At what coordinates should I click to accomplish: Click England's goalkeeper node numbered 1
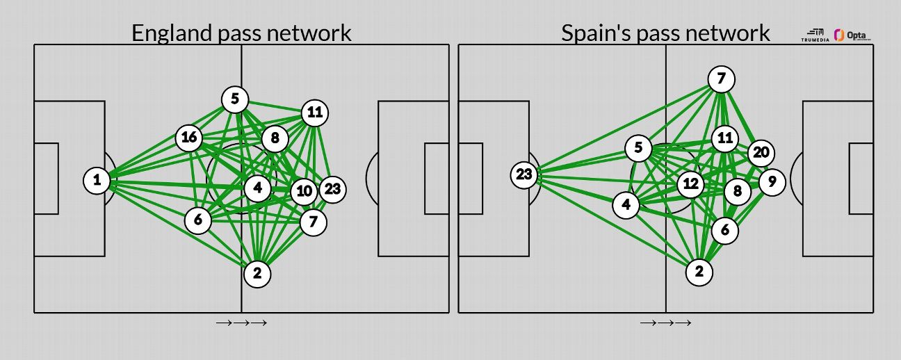point(97,181)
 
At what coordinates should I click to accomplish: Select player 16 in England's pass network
point(189,138)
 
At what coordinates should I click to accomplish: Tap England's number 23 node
point(332,189)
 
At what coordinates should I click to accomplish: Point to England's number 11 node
point(315,113)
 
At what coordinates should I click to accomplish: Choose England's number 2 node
point(257,274)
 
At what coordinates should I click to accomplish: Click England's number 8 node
point(275,138)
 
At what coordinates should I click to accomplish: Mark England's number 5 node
point(235,99)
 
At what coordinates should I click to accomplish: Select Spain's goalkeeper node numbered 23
point(524,174)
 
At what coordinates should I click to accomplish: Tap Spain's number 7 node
point(721,79)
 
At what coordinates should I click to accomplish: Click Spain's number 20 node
point(761,153)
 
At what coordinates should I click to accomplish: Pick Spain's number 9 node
point(772,182)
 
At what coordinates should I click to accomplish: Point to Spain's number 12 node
point(690,184)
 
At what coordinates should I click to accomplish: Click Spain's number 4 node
point(626,205)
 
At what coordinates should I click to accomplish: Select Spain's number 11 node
point(725,138)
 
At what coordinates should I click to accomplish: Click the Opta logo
point(852,35)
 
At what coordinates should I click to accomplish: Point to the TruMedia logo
point(815,35)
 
